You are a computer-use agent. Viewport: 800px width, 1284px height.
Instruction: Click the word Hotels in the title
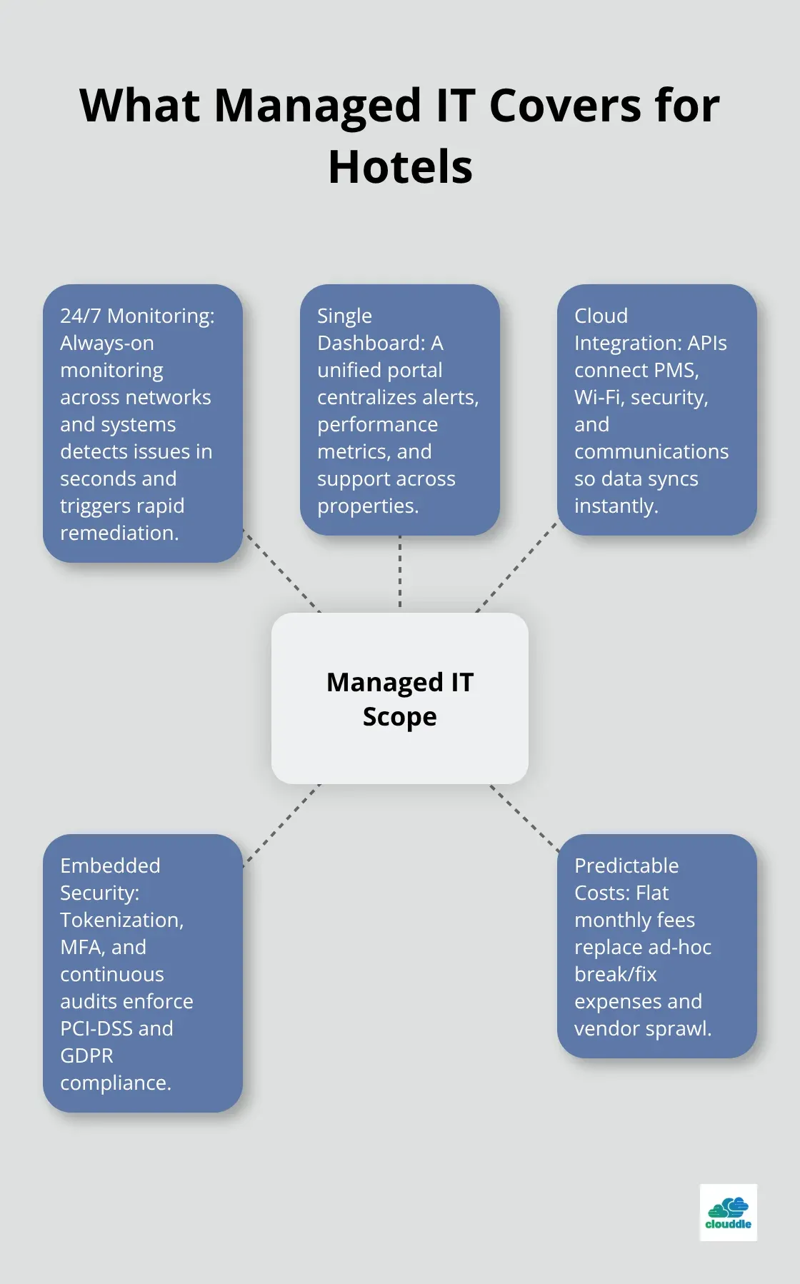pos(400,167)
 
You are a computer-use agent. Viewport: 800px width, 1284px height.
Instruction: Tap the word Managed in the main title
pos(317,106)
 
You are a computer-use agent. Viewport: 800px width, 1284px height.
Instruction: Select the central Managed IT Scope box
pos(400,698)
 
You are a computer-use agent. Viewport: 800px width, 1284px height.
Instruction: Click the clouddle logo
pos(728,1213)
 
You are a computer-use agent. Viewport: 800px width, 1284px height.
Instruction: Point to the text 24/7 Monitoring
pos(137,316)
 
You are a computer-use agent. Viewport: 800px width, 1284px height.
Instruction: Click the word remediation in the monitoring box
pos(119,533)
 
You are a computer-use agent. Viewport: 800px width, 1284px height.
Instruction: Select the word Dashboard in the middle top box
pos(371,343)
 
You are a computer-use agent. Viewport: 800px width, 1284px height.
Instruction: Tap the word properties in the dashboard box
pos(367,506)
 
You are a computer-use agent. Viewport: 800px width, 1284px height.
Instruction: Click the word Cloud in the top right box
pos(601,316)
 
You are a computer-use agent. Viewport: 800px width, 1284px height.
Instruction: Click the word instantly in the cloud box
pos(616,506)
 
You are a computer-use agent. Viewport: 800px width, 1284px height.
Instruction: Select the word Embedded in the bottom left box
pos(110,866)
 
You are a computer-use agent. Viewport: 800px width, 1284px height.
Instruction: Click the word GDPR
pos(86,1055)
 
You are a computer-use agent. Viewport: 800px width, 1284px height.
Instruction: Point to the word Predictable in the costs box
pos(626,866)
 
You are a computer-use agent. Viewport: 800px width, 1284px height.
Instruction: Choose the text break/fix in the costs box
pos(615,974)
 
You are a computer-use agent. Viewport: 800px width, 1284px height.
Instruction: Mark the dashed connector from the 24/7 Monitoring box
pos(281,571)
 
